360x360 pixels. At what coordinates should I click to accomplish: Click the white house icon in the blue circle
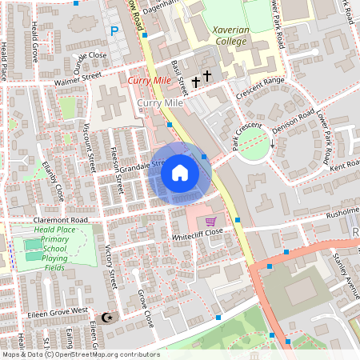coord(180,173)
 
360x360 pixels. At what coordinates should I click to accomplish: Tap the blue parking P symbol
coord(114,31)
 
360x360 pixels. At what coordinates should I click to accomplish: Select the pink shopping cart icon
coord(210,222)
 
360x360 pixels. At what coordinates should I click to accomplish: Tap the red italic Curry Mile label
coord(150,81)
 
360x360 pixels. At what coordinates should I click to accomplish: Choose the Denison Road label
coord(293,122)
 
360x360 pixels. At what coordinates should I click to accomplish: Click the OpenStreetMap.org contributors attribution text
coord(107,354)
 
